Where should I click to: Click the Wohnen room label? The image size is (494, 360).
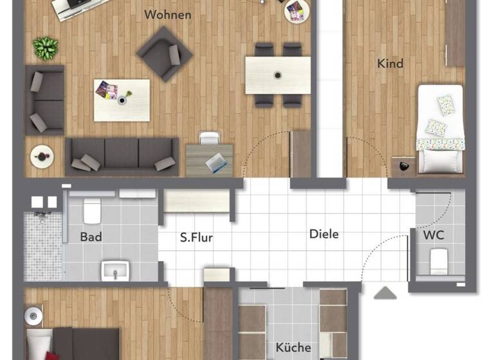[168, 14]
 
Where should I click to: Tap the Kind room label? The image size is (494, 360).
[390, 63]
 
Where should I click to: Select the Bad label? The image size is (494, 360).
[91, 237]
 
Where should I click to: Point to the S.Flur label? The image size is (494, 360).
[196, 238]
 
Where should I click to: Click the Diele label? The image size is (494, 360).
[324, 234]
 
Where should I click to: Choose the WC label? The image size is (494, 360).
[434, 235]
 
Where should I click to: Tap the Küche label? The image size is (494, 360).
[293, 347]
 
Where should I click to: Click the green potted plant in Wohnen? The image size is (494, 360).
[45, 47]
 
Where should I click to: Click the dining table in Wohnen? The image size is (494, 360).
[277, 75]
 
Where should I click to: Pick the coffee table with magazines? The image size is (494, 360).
[122, 100]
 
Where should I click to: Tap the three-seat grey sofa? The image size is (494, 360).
[122, 156]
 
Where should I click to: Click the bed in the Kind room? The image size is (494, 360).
[441, 129]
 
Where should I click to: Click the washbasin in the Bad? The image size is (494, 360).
[116, 271]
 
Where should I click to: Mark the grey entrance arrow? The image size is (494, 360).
[385, 294]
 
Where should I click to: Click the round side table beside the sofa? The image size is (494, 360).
[42, 155]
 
